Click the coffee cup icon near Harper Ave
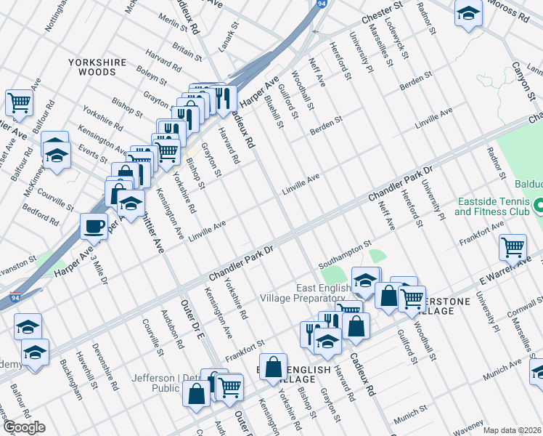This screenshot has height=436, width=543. [94, 226]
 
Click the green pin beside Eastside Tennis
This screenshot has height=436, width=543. [537, 207]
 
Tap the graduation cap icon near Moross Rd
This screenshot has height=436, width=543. [468, 13]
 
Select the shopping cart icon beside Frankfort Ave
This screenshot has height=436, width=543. [513, 247]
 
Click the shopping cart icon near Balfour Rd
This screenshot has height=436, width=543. [19, 102]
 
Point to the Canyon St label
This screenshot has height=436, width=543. [523, 76]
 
